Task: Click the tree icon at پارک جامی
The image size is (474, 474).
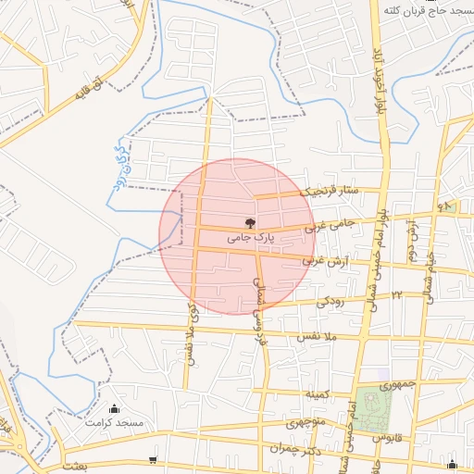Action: (248, 222)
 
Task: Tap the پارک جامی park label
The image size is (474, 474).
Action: (248, 238)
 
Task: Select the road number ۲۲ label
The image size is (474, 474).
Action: (396, 294)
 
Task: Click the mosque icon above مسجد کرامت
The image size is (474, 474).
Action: (115, 408)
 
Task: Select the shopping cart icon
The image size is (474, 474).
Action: (153, 460)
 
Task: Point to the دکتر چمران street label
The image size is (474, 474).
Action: (294, 449)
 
